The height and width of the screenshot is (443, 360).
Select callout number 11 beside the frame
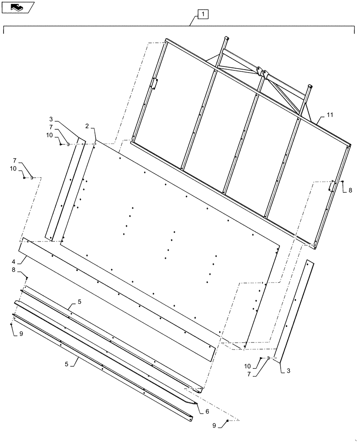pos(330,115)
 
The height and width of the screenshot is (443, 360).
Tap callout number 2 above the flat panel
pos(88,126)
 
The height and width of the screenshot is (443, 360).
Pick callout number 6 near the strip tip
pos(207,412)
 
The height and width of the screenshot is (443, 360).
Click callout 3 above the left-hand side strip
pos(51,119)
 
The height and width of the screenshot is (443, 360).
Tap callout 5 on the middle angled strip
pos(79,302)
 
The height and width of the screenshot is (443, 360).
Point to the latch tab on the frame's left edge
pos(154,84)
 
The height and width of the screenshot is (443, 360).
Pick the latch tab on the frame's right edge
pos(331,187)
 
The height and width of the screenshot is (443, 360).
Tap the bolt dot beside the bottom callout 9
pos(227,420)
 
